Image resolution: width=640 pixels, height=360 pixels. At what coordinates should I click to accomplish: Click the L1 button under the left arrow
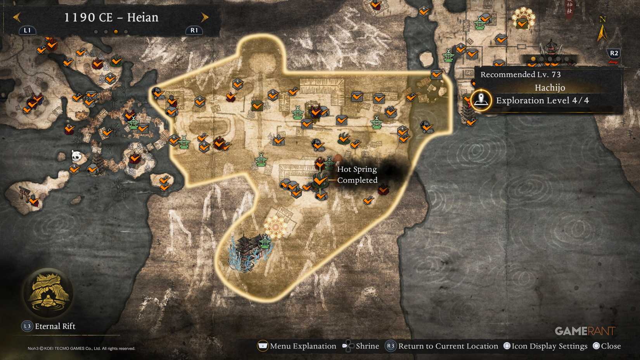[27, 30]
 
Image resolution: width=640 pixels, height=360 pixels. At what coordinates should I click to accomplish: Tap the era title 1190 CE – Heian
[111, 17]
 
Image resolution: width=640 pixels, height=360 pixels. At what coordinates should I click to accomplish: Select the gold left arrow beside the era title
[16, 17]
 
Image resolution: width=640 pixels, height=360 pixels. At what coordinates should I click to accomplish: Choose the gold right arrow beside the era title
[205, 17]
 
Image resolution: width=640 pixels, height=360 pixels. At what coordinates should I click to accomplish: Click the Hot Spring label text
[356, 169]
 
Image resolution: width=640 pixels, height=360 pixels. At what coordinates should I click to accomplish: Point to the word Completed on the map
[357, 180]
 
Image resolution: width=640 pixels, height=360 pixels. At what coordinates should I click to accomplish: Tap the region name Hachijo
[550, 88]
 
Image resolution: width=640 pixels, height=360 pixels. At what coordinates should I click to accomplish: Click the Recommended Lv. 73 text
[520, 74]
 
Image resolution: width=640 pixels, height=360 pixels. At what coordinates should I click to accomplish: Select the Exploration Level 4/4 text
[542, 100]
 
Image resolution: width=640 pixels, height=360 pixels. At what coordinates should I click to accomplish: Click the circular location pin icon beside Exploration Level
[481, 100]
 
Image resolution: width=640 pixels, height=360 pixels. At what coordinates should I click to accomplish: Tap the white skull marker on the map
[76, 156]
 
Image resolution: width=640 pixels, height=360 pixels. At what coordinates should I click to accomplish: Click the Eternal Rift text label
[55, 326]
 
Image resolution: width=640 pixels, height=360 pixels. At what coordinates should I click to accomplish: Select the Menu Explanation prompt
[303, 346]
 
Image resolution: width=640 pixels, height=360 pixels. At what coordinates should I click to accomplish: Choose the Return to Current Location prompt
[448, 346]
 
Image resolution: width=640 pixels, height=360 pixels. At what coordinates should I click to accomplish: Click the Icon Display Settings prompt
[549, 346]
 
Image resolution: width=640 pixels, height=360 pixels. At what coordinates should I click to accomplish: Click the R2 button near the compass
[614, 53]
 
